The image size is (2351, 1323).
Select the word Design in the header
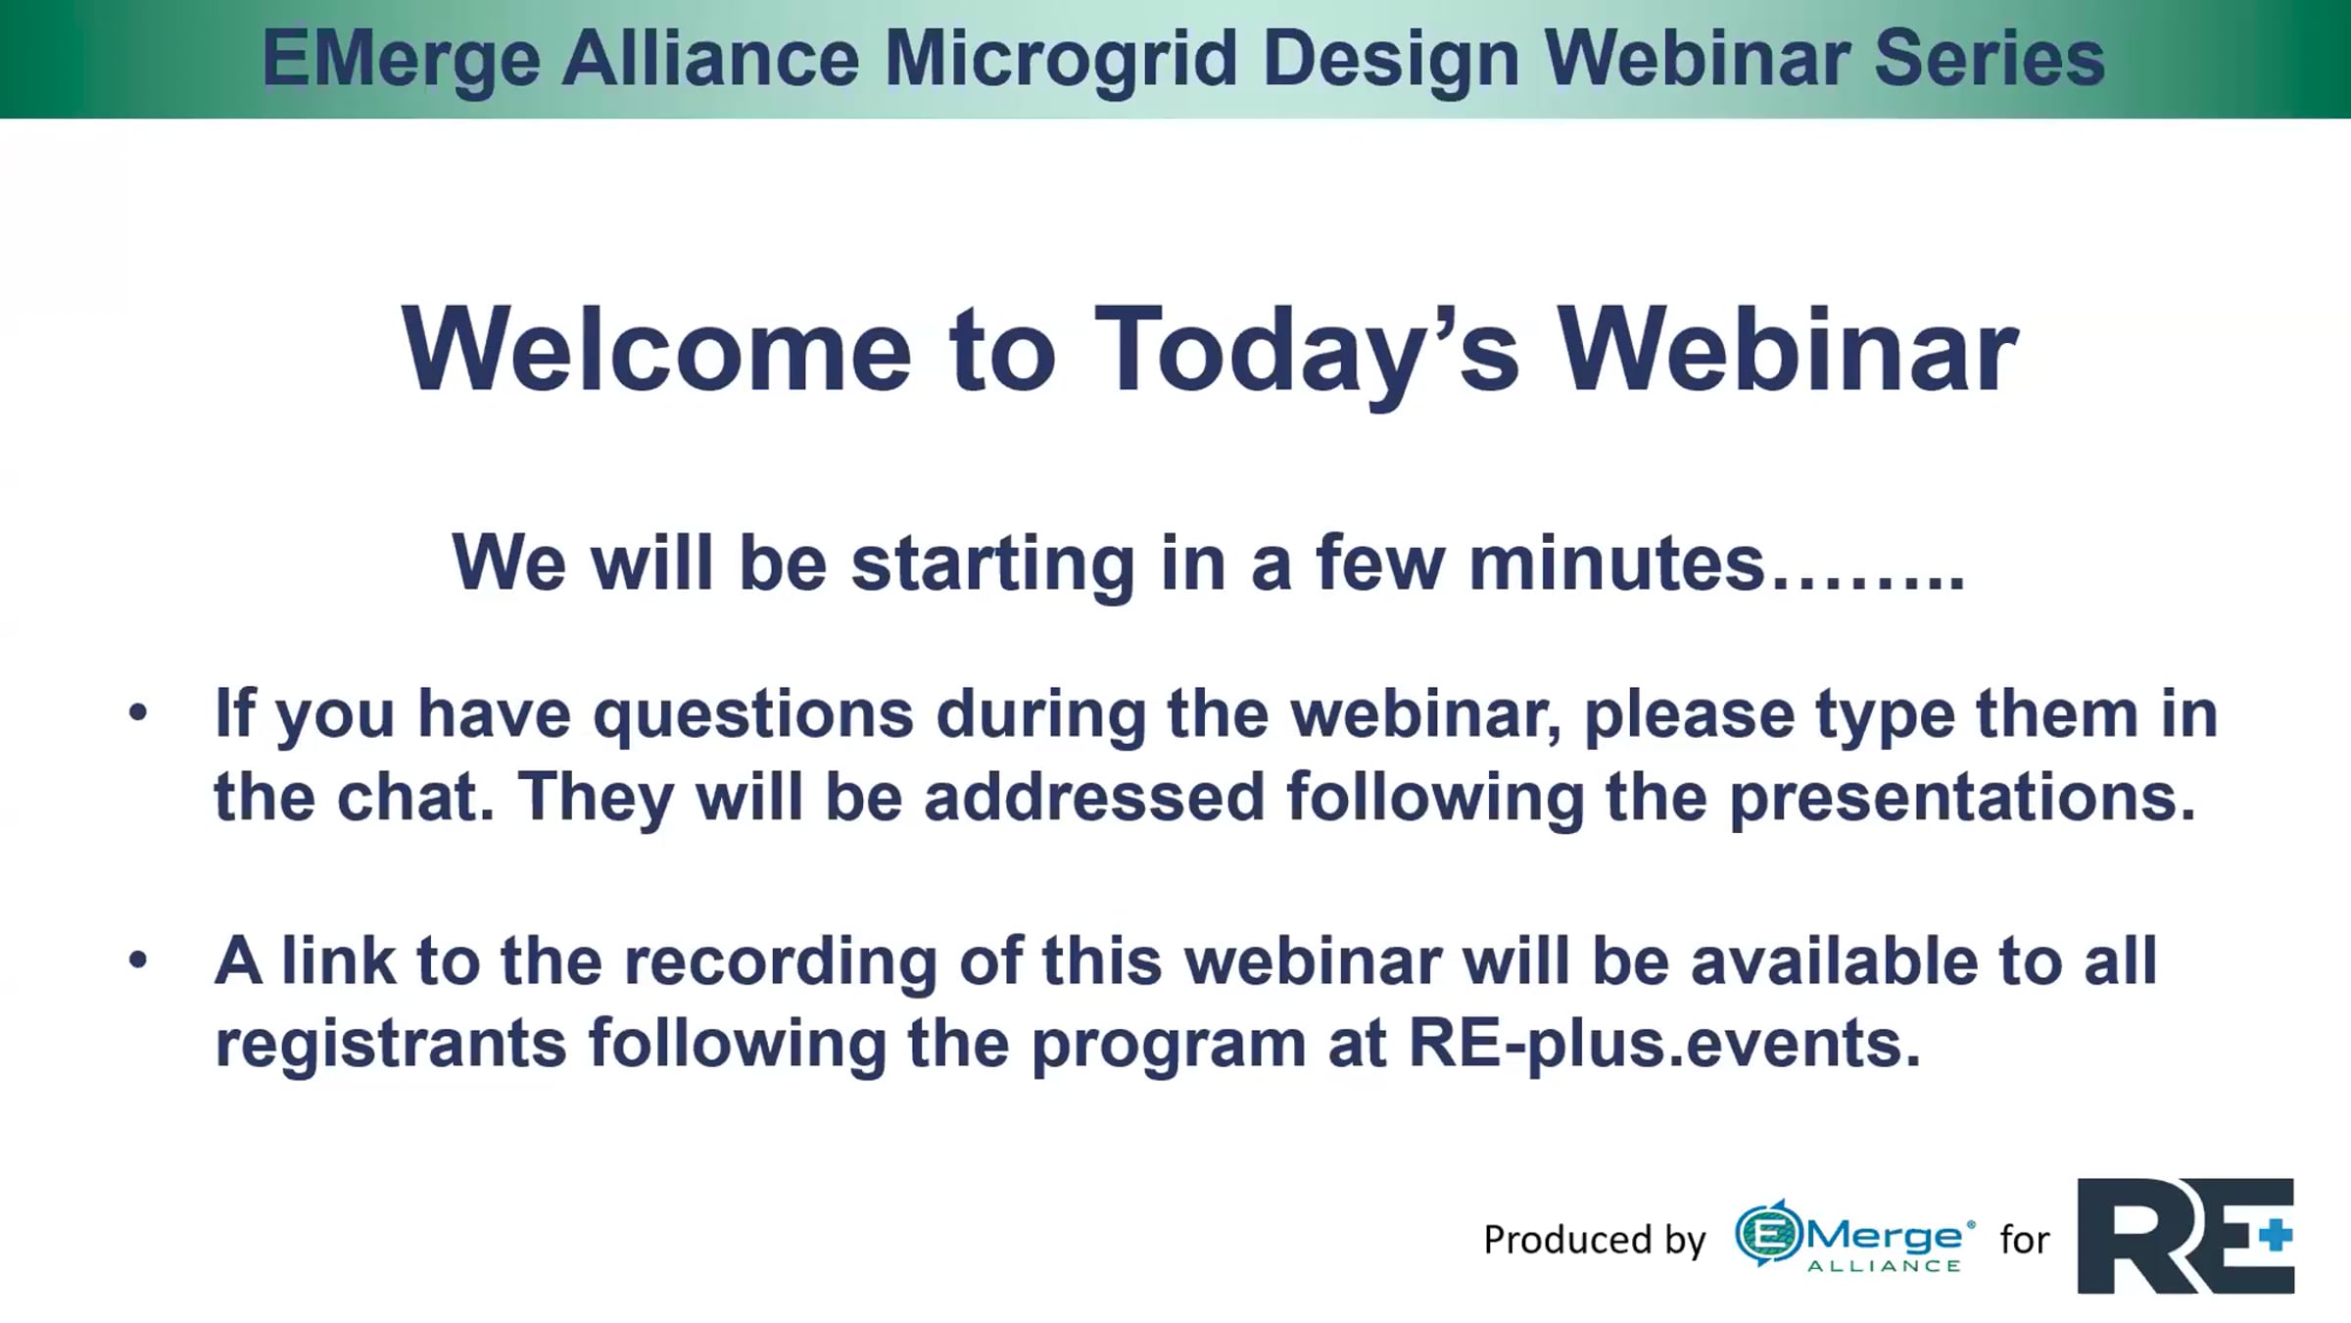click(1392, 59)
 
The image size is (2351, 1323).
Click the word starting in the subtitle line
click(993, 564)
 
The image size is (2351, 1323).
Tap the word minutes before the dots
click(1617, 563)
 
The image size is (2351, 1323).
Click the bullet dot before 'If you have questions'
click(138, 712)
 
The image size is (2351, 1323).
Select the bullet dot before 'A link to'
click(138, 960)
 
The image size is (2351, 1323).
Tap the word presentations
click(1963, 797)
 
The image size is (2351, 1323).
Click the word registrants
click(391, 1044)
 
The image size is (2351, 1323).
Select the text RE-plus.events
click(1664, 1043)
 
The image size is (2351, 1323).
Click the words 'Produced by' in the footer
click(1595, 1240)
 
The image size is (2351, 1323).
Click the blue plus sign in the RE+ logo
click(2276, 1235)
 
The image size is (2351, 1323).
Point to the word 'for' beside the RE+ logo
click(2025, 1240)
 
